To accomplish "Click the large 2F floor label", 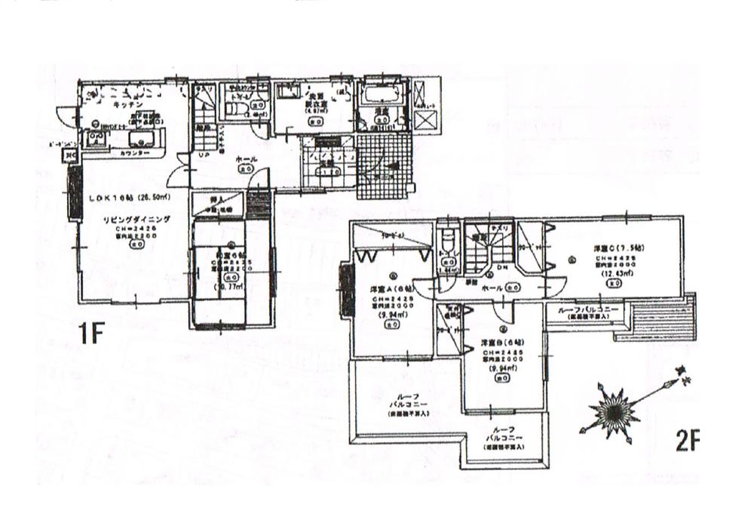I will (x=687, y=440).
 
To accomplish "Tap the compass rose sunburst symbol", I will (x=613, y=411).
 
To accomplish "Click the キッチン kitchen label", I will (x=124, y=106).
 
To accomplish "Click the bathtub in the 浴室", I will (x=380, y=99).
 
